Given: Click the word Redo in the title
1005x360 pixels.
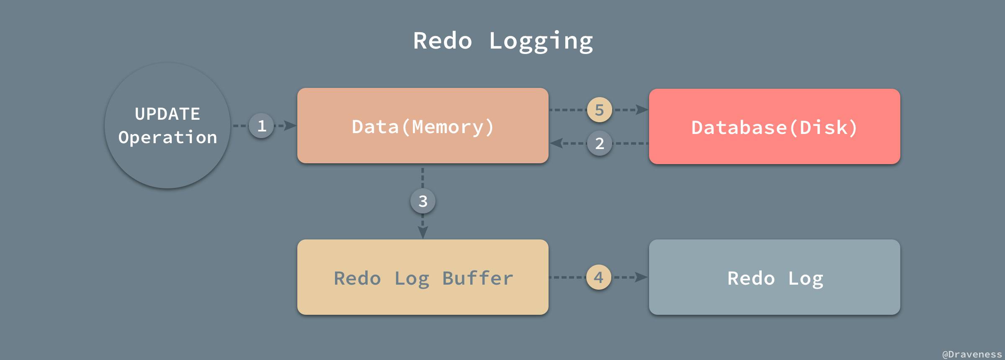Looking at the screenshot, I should tap(443, 41).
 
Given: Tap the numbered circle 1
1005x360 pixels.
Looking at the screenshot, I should tap(262, 126).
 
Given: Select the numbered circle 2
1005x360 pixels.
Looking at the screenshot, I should tap(600, 144).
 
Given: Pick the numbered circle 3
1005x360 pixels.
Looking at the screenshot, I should tap(423, 201).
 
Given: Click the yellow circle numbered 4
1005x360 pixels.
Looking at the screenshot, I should tap(599, 277).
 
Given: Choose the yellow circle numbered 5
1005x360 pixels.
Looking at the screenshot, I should tap(600, 110).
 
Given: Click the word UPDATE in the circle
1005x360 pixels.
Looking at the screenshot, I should tap(167, 114).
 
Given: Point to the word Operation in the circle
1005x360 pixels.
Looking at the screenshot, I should tap(167, 137).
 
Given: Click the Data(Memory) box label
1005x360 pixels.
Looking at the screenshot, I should tap(423, 126).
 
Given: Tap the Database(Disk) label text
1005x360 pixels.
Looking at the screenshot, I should tap(775, 127).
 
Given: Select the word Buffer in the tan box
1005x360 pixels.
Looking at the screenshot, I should tap(478, 278).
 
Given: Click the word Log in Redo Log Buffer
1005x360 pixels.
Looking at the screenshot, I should tap(412, 279).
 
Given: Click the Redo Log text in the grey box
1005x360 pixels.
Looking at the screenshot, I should tap(775, 278).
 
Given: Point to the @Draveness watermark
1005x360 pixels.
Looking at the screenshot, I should tap(971, 354).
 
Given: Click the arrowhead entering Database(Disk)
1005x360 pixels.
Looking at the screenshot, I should tap(642, 110).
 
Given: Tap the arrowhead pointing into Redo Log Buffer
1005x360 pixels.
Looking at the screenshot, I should tap(423, 232).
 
